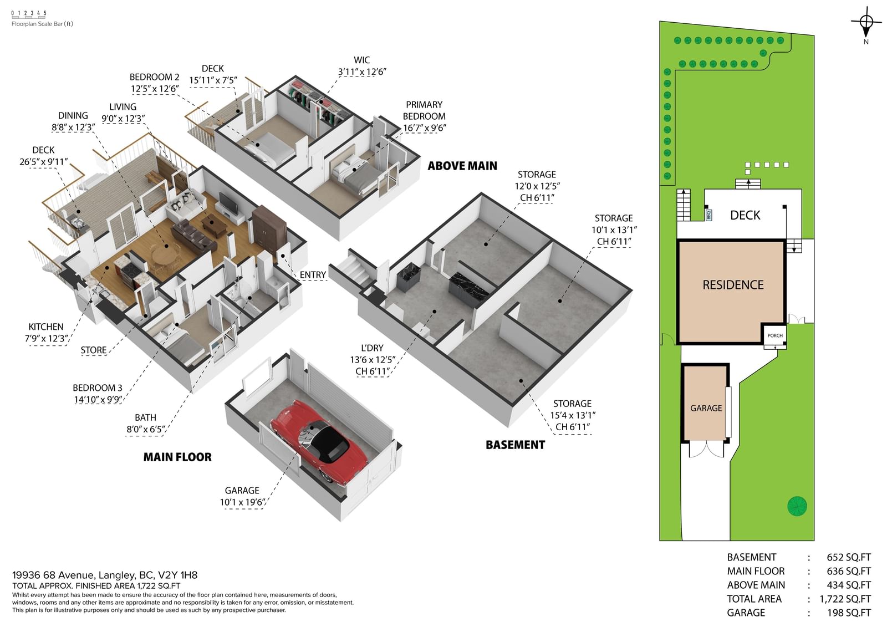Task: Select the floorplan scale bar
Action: [29, 15]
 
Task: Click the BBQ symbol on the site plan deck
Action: [708, 215]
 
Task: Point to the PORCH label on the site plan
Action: [775, 335]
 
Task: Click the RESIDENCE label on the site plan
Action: [733, 285]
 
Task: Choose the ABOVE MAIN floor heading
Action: [462, 166]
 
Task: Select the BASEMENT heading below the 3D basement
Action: [515, 445]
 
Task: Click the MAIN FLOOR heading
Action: [177, 457]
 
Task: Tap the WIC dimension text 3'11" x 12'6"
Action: [362, 72]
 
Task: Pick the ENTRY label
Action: [313, 275]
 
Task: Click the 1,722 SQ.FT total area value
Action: [845, 599]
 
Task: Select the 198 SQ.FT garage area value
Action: [849, 613]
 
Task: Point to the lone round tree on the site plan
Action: [797, 506]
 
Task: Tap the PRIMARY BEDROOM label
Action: [424, 110]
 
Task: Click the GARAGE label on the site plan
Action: [706, 408]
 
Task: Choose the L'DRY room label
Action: [372, 348]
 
